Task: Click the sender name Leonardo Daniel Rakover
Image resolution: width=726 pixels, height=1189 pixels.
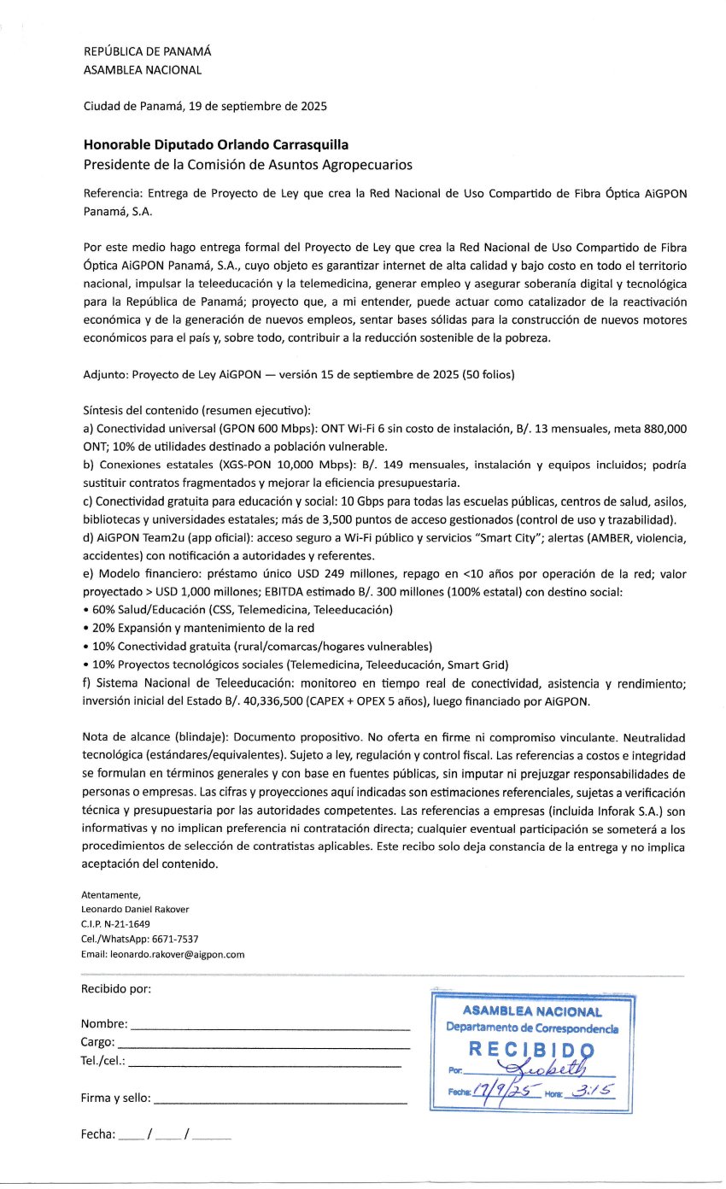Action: click(x=135, y=910)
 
